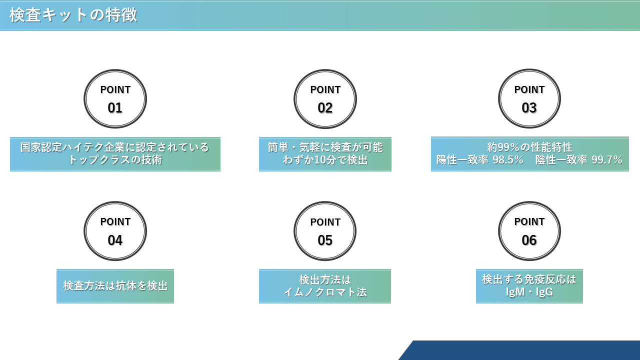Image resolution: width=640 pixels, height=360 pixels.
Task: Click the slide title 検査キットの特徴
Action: coord(73,15)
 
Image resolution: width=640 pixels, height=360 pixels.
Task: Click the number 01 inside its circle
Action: coord(115,108)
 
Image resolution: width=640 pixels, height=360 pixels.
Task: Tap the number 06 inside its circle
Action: coord(529,240)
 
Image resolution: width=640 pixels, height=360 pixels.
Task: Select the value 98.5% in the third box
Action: coord(507,159)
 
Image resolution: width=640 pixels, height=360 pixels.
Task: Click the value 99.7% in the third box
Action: coord(607,159)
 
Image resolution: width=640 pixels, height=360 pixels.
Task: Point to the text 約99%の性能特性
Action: coord(529,147)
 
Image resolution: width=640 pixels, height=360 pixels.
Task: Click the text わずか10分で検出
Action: coord(325,159)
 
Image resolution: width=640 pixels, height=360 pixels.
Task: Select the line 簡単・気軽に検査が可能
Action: coord(325,147)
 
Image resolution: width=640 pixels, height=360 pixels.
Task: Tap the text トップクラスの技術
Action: coord(115,159)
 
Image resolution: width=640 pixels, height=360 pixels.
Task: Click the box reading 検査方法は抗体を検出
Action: coord(115,286)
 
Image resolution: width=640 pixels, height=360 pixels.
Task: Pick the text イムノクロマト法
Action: coord(325,292)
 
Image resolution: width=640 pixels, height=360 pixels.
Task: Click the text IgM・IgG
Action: coord(529,292)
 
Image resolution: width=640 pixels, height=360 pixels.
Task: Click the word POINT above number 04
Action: coord(115,221)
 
